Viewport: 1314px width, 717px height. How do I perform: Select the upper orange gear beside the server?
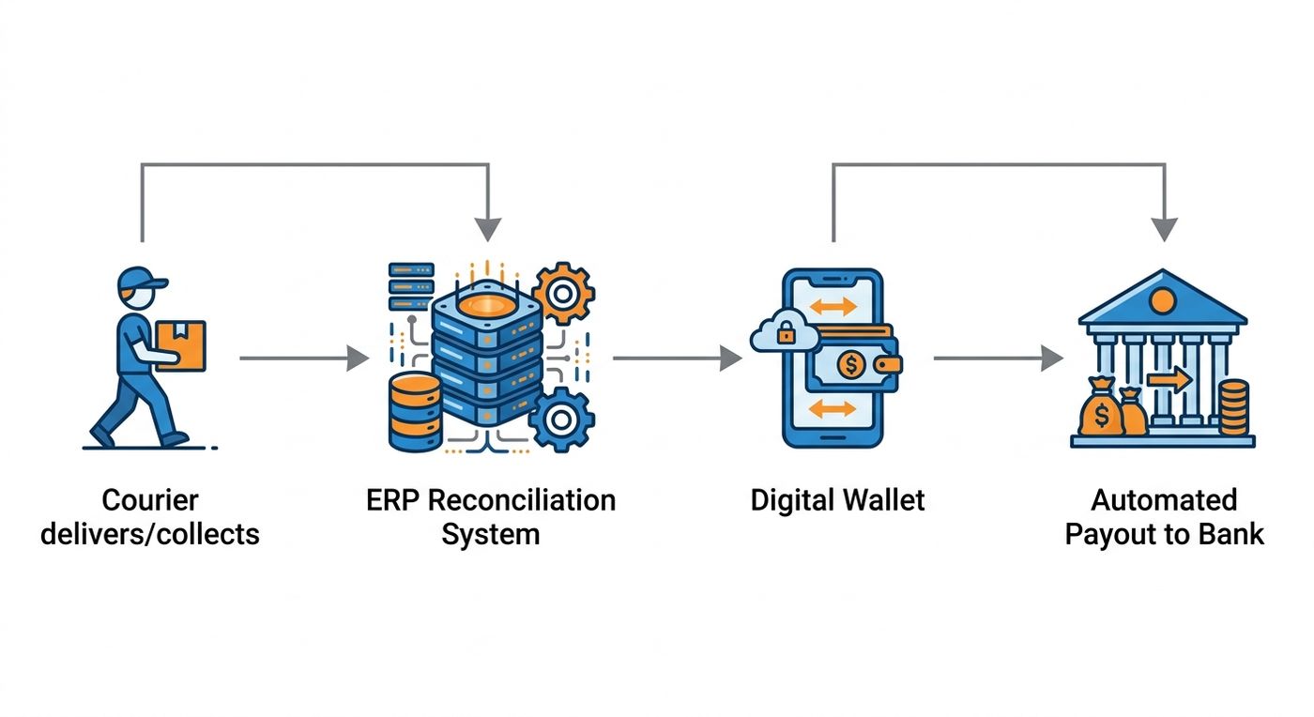coord(563,294)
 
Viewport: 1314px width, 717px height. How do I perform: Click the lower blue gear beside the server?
coord(561,419)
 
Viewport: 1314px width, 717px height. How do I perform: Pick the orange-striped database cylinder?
coord(415,413)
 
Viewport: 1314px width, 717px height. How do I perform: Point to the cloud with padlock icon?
coord(785,331)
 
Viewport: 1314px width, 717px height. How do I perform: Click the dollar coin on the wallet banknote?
coord(850,365)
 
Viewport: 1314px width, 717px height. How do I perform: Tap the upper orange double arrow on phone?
coord(833,306)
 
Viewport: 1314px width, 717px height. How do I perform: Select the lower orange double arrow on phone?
coord(832,408)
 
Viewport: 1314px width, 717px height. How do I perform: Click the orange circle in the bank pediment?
coord(1162,301)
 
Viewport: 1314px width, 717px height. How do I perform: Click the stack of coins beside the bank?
coord(1233,407)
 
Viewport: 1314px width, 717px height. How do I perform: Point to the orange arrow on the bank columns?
coord(1169,380)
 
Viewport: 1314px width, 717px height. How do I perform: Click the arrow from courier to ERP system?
coord(304,358)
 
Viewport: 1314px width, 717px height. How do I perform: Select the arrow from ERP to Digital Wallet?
coord(677,358)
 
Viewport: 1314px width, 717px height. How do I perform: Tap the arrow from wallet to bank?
coord(998,358)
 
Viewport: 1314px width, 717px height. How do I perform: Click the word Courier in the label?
coord(150,500)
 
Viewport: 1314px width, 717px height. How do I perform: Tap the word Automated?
coord(1164,500)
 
